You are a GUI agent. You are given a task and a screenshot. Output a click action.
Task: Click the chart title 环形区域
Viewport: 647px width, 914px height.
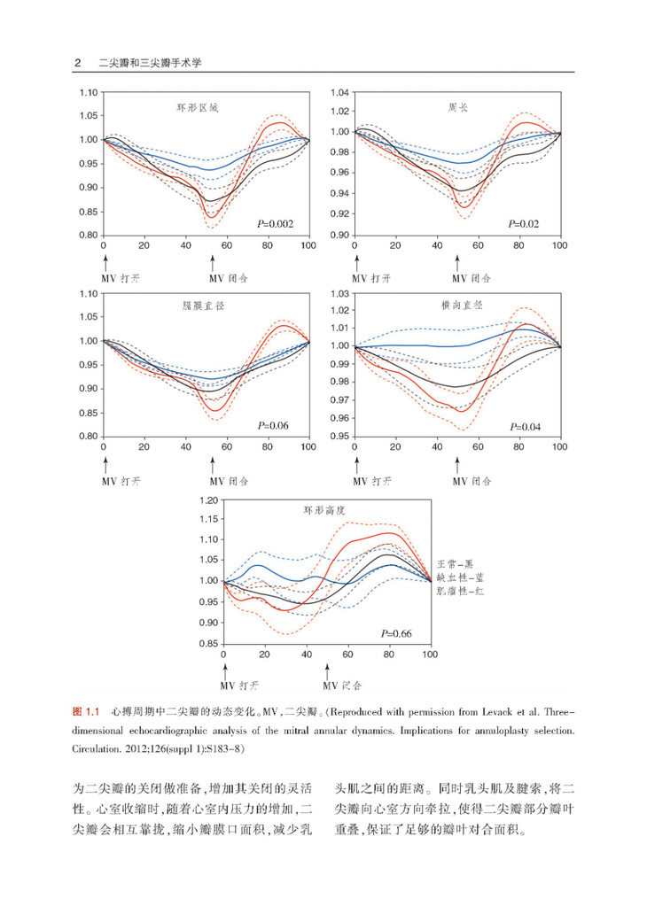197,110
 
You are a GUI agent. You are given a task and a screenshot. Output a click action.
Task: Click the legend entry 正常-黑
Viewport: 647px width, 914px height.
458,563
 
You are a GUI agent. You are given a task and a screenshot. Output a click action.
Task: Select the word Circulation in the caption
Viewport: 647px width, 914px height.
93,748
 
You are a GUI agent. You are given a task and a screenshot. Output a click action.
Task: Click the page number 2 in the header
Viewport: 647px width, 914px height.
78,63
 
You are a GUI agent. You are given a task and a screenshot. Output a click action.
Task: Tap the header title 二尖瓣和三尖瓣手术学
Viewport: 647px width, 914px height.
152,63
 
